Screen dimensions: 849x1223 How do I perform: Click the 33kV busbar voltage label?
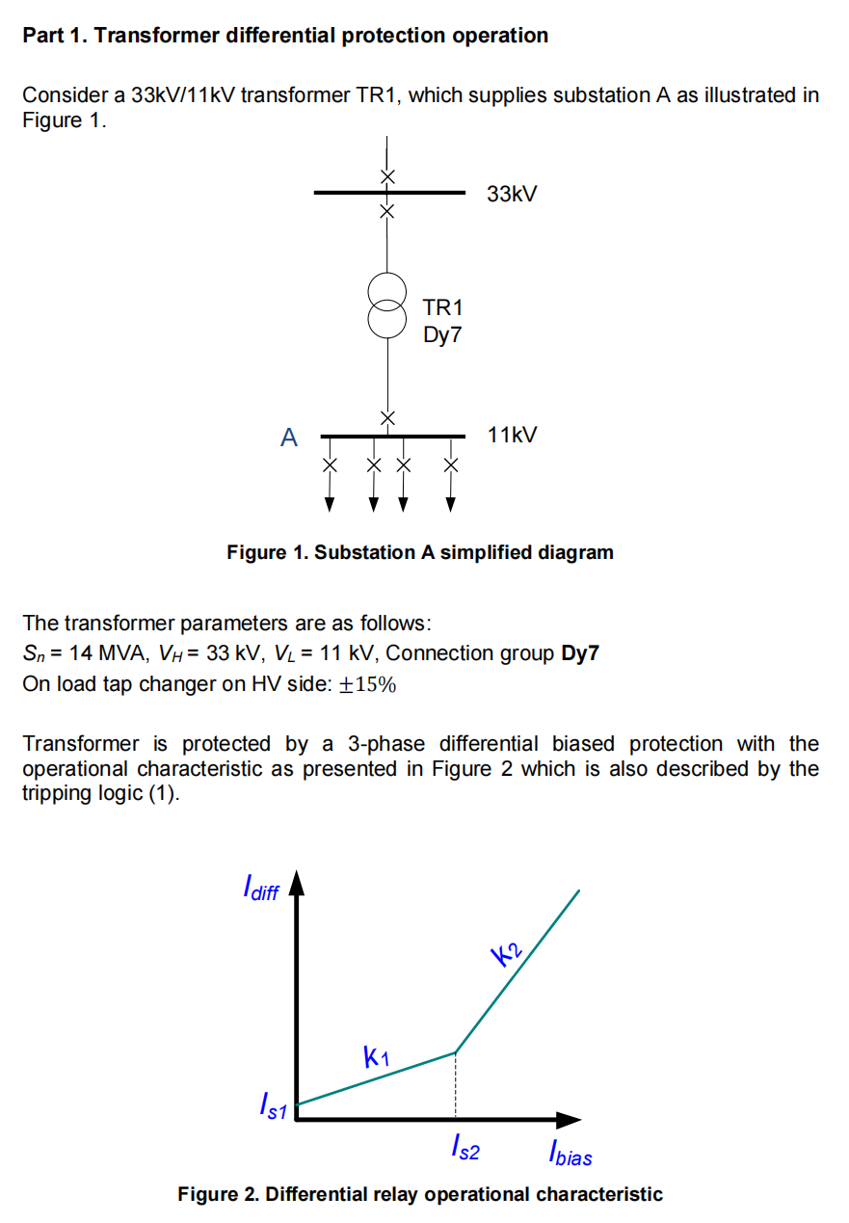[x=512, y=195]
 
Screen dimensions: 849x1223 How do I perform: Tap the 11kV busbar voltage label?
[x=512, y=436]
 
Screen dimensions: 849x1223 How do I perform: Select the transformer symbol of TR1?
[x=387, y=306]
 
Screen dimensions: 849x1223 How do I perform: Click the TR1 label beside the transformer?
[x=442, y=308]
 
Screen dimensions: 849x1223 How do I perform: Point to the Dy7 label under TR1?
[x=442, y=335]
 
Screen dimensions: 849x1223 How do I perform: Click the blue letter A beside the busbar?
[x=289, y=439]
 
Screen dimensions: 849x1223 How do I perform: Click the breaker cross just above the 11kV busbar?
[x=387, y=417]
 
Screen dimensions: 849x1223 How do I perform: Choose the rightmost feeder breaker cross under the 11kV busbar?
[x=450, y=465]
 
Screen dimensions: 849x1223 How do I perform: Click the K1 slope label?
[x=376, y=1057]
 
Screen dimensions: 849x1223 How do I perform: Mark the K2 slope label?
[x=507, y=955]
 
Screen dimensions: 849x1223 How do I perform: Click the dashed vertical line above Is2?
[x=455, y=1086]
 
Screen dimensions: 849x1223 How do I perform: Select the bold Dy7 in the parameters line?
[x=580, y=653]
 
